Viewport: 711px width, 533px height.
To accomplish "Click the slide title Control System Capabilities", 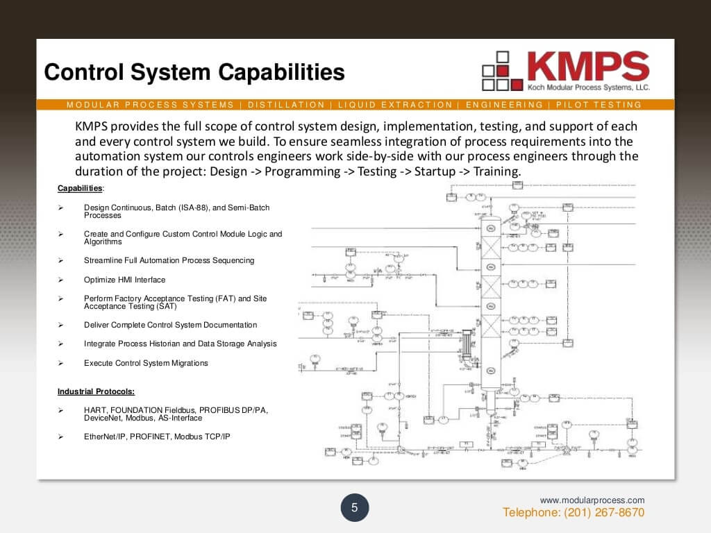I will click(194, 72).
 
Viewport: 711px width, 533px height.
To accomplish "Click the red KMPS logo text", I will click(587, 67).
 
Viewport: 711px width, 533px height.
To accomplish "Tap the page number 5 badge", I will click(354, 508).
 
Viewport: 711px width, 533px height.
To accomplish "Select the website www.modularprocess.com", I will click(592, 500).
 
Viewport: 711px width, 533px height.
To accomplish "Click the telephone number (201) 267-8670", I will click(574, 513).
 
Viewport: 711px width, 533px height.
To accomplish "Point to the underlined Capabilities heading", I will click(80, 188).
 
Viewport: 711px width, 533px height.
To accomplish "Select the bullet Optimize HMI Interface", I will click(124, 280).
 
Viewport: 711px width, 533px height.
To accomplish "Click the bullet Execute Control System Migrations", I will click(146, 363).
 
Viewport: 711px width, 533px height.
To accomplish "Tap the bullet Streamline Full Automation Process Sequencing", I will click(169, 260).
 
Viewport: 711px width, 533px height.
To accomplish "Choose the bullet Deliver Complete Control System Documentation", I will click(170, 325).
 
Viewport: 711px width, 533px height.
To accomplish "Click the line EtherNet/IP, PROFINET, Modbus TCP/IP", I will click(157, 437).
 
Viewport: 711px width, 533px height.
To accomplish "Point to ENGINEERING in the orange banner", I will click(504, 105).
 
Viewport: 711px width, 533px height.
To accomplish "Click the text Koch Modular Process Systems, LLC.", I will click(587, 87).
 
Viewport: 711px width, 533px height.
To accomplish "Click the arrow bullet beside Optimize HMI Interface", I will click(60, 280).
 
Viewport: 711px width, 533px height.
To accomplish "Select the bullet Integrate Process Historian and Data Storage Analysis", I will click(180, 344).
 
